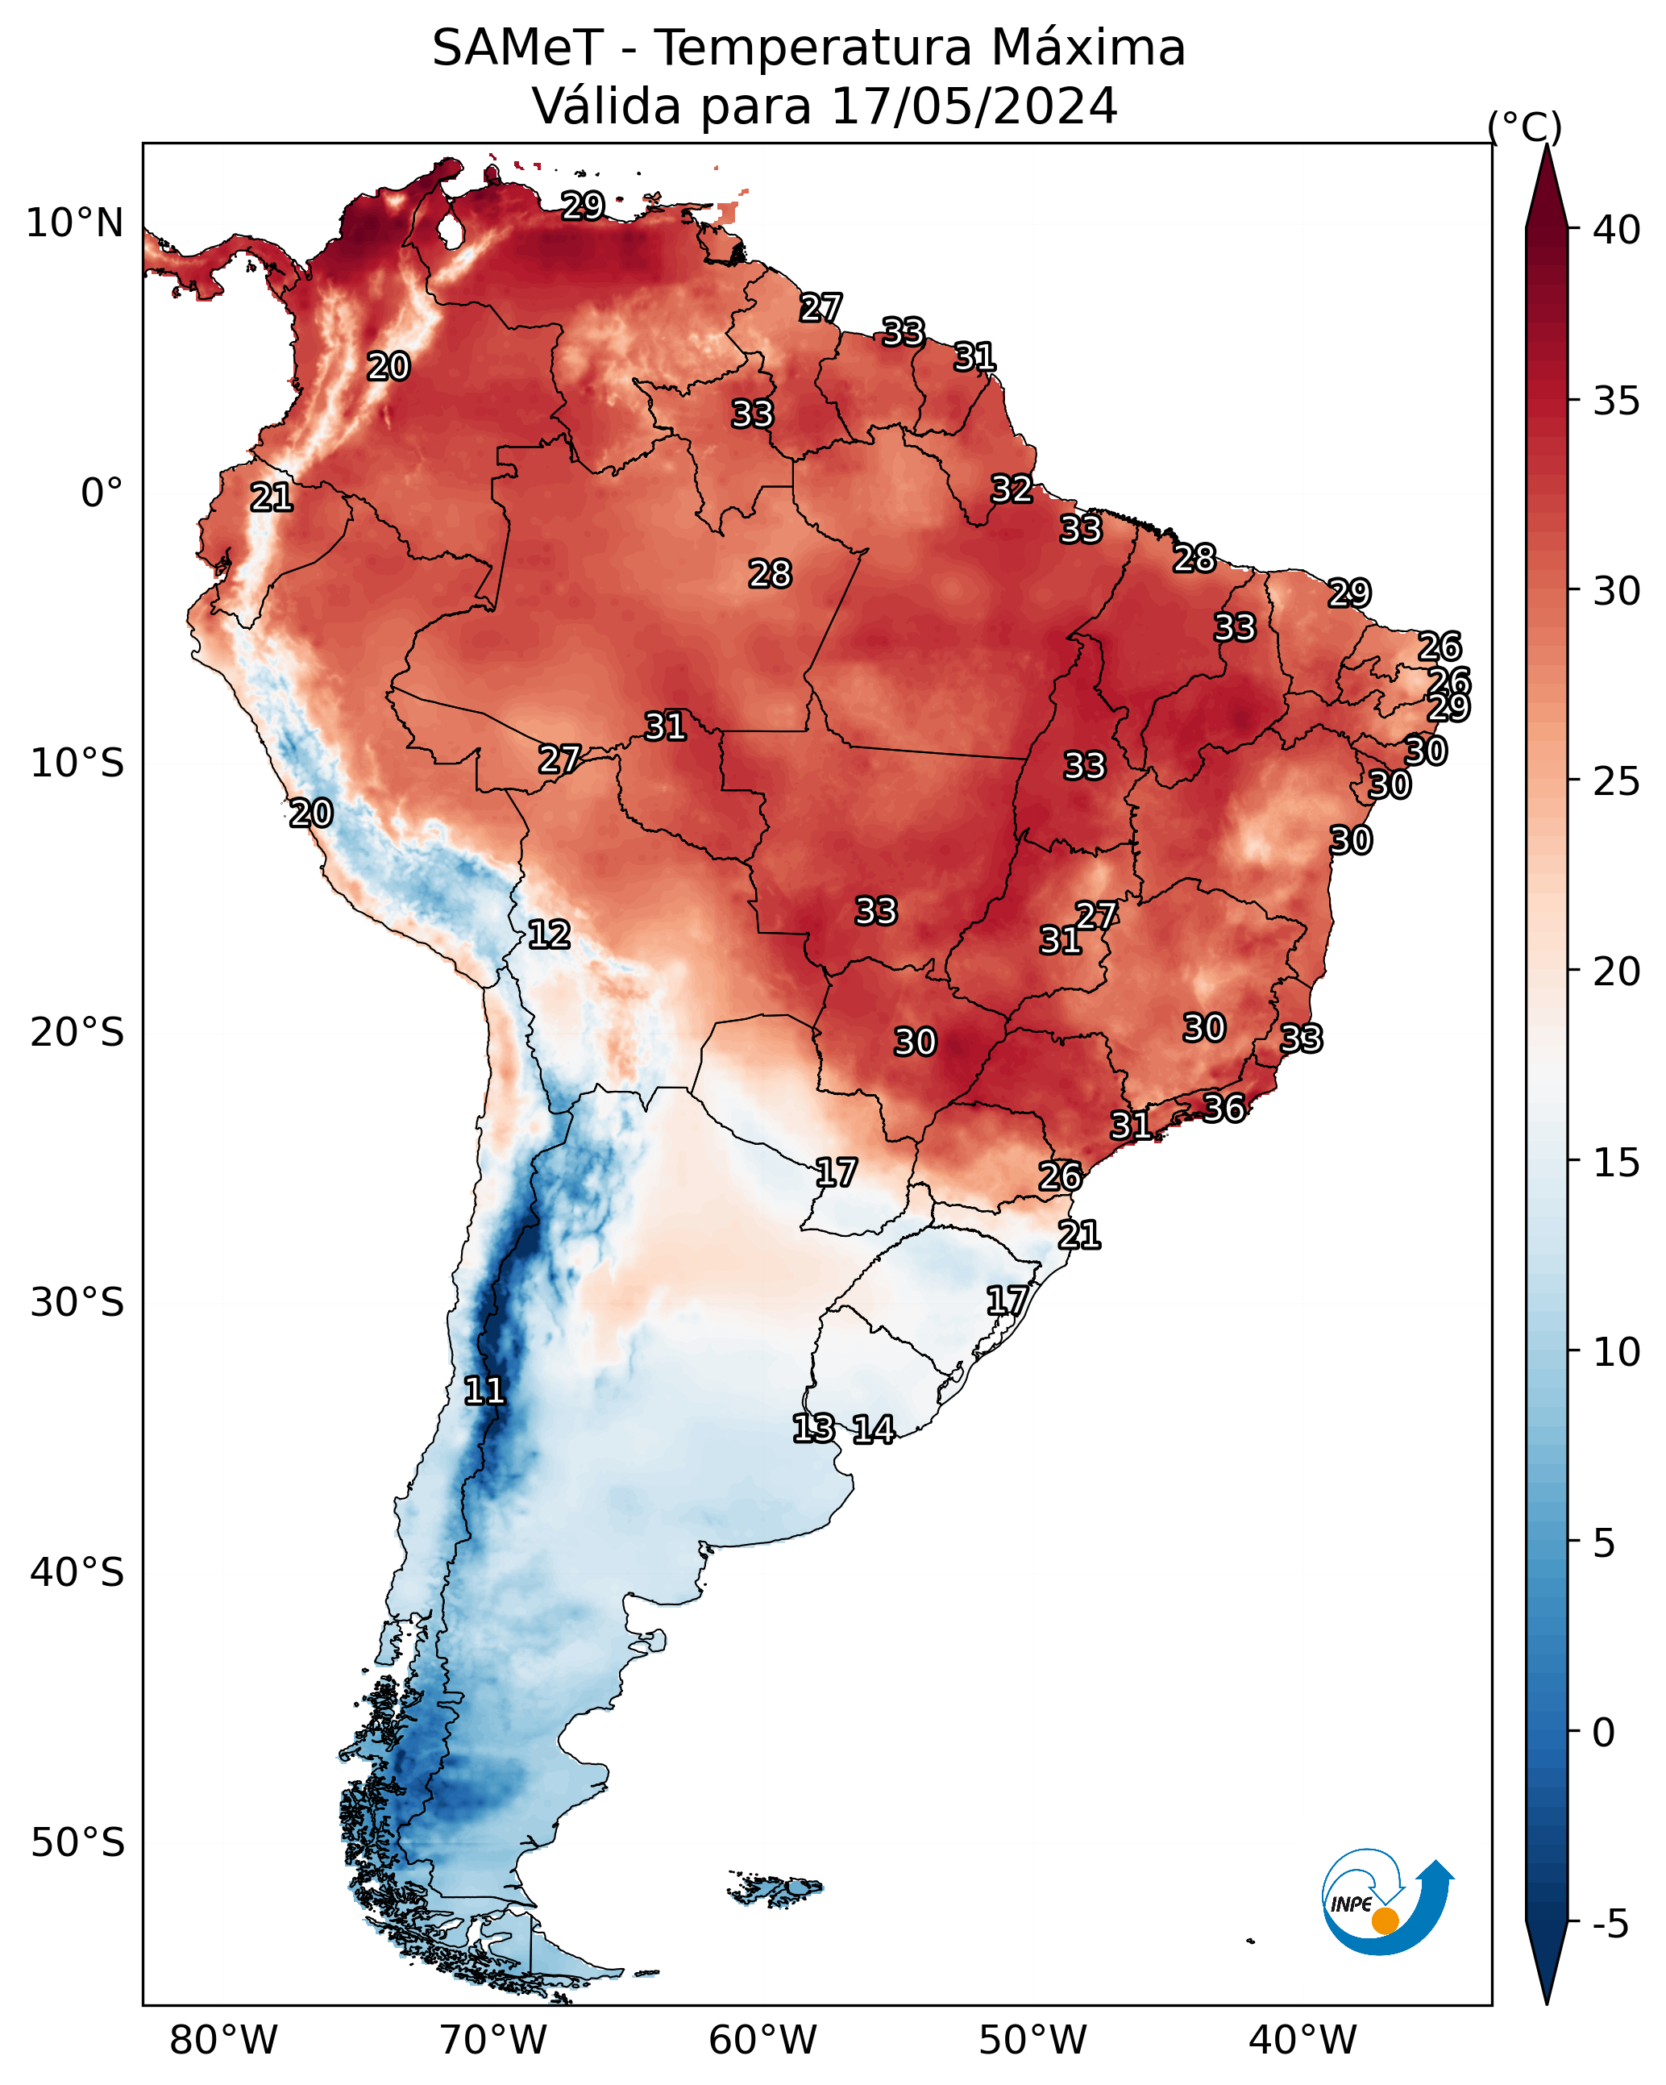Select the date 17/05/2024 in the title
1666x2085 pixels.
(974, 106)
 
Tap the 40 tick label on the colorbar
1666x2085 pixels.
(1617, 230)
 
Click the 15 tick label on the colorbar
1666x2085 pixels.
(1617, 1163)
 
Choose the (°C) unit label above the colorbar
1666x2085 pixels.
(1525, 127)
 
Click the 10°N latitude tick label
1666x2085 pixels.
(74, 223)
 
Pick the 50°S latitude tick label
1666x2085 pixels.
(77, 1842)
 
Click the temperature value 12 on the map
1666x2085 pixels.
(549, 934)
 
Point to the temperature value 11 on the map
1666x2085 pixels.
(484, 1391)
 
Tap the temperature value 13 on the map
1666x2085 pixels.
(813, 1429)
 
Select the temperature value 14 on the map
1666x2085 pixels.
(873, 1430)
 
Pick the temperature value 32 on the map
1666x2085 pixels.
(1012, 489)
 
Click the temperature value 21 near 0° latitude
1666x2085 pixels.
(272, 498)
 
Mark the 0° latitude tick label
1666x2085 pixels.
(102, 493)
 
